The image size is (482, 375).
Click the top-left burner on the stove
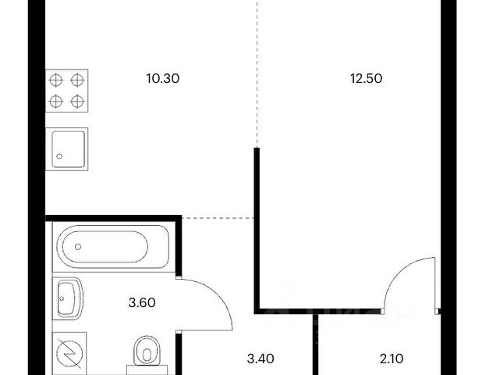tap(58, 79)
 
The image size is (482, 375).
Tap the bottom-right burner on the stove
tap(78, 100)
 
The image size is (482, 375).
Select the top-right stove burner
tap(78, 79)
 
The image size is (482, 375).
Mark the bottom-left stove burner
tap(58, 100)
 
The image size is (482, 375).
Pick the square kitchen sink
tap(69, 148)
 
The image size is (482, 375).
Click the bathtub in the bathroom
tap(110, 248)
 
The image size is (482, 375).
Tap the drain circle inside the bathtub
tap(78, 248)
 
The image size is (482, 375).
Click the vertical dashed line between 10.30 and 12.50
tap(257, 70)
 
